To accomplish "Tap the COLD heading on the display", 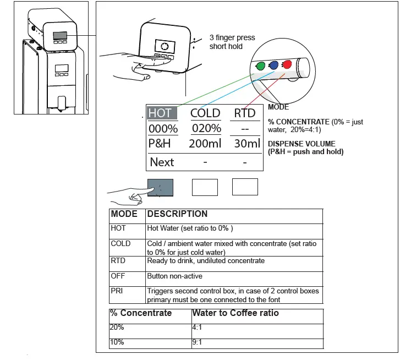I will (x=205, y=113).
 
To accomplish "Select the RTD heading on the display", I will (x=245, y=113).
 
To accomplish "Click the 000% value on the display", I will (x=163, y=129).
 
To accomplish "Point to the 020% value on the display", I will (x=206, y=129).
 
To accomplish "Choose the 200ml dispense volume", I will (x=205, y=144).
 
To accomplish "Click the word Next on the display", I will (x=162, y=162).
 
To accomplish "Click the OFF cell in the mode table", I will (x=118, y=276).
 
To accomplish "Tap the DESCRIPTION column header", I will (x=177, y=214).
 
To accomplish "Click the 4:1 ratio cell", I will (x=197, y=327).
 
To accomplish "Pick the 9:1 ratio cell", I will (x=197, y=342).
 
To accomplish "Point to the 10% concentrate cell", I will (x=117, y=342).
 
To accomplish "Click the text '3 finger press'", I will (x=232, y=38).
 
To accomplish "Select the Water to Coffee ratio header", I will (x=235, y=313).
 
